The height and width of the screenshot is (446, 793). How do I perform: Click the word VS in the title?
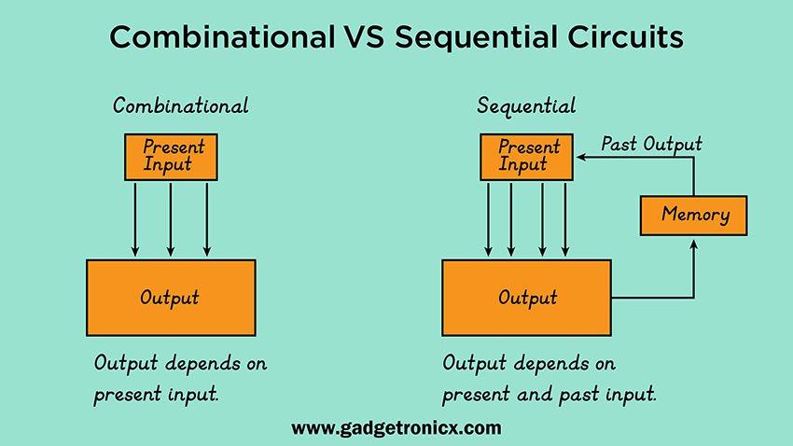coord(364,37)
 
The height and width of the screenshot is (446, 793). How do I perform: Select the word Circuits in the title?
coord(625,37)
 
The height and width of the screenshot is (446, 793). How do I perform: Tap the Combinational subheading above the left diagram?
coord(181,105)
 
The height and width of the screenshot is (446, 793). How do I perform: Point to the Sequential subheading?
coord(526,106)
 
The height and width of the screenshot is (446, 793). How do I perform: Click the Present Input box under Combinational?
coord(171,157)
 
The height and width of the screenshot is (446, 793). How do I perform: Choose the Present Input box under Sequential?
coord(526,157)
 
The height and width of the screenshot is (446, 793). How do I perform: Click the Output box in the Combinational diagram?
coord(171,298)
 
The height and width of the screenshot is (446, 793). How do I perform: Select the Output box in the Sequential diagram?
coord(526,298)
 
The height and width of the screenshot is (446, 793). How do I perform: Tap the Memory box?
coord(693,216)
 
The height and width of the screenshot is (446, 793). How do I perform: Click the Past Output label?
coord(651,144)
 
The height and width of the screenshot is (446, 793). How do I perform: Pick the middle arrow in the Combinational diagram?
coord(171,219)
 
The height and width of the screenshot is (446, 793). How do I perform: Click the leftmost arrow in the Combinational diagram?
coord(135,219)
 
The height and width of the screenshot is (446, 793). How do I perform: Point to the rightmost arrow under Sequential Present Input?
coord(565,219)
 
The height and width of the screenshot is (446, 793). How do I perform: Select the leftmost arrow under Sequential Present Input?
coord(488,219)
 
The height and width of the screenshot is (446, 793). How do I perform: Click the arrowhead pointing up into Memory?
coord(694,244)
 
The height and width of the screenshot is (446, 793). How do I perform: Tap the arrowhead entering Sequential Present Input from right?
coord(581,158)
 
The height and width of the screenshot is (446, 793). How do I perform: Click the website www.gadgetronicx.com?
coord(396,428)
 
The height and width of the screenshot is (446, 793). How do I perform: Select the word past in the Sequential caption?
coord(577,395)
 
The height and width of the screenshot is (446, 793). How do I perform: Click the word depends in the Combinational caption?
coord(202,364)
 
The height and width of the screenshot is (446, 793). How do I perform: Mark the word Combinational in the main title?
coord(223,37)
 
